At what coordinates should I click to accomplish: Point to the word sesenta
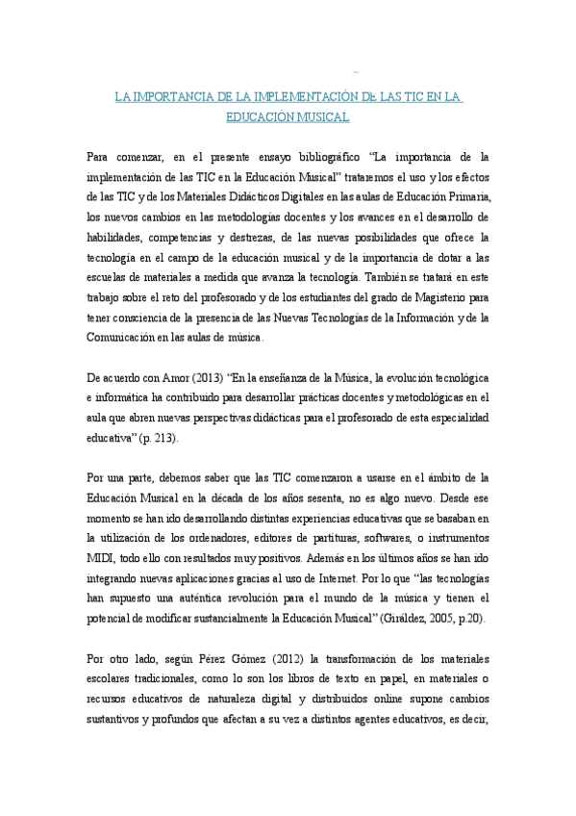tap(338, 498)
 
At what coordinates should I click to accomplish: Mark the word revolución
tap(276, 599)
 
